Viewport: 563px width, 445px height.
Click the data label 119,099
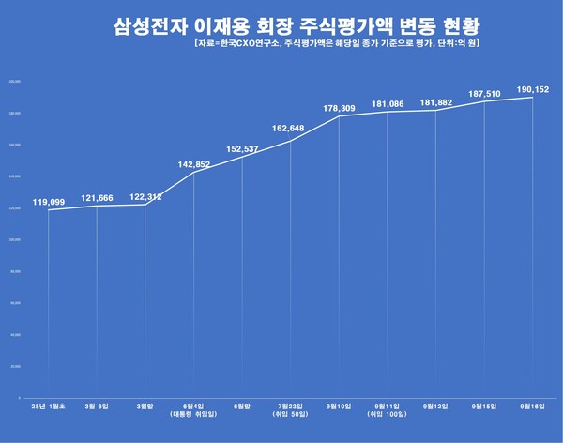coord(48,202)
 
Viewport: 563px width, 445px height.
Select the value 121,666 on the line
coord(97,198)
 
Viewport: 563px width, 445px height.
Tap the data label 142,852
coord(194,164)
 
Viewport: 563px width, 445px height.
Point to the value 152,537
coord(242,148)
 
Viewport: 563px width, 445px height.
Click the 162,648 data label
coord(291,129)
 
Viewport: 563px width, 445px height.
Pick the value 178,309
coord(339,109)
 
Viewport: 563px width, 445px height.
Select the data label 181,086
coord(388,103)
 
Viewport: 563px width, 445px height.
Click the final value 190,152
coord(533,89)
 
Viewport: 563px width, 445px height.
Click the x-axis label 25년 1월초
coord(49,406)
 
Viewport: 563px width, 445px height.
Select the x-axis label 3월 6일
coord(97,406)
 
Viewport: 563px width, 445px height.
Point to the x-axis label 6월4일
coord(194,406)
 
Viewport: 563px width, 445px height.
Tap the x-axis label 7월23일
coord(291,406)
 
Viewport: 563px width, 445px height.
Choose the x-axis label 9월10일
coord(339,406)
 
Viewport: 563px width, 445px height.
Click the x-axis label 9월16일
coord(533,406)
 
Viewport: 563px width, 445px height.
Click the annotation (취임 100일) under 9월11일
coord(388,414)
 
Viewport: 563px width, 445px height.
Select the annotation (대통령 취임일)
coord(194,414)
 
